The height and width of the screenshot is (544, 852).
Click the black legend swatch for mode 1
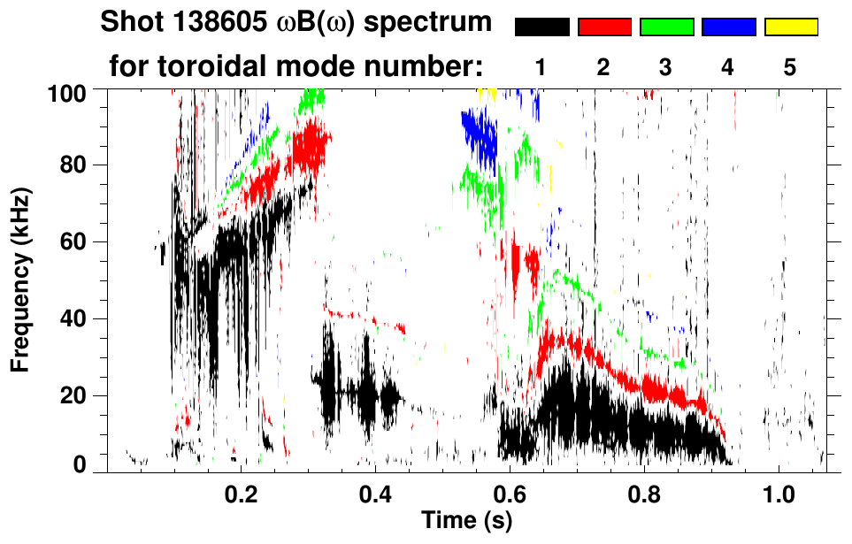click(542, 27)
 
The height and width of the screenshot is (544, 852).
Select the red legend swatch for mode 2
click(604, 27)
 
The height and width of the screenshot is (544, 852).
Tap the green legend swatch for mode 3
click(666, 27)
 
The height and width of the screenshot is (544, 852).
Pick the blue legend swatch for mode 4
click(728, 27)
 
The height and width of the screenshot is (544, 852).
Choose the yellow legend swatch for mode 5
click(790, 27)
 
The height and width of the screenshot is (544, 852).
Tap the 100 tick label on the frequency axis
click(73, 92)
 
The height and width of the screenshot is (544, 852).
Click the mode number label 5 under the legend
click(790, 67)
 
